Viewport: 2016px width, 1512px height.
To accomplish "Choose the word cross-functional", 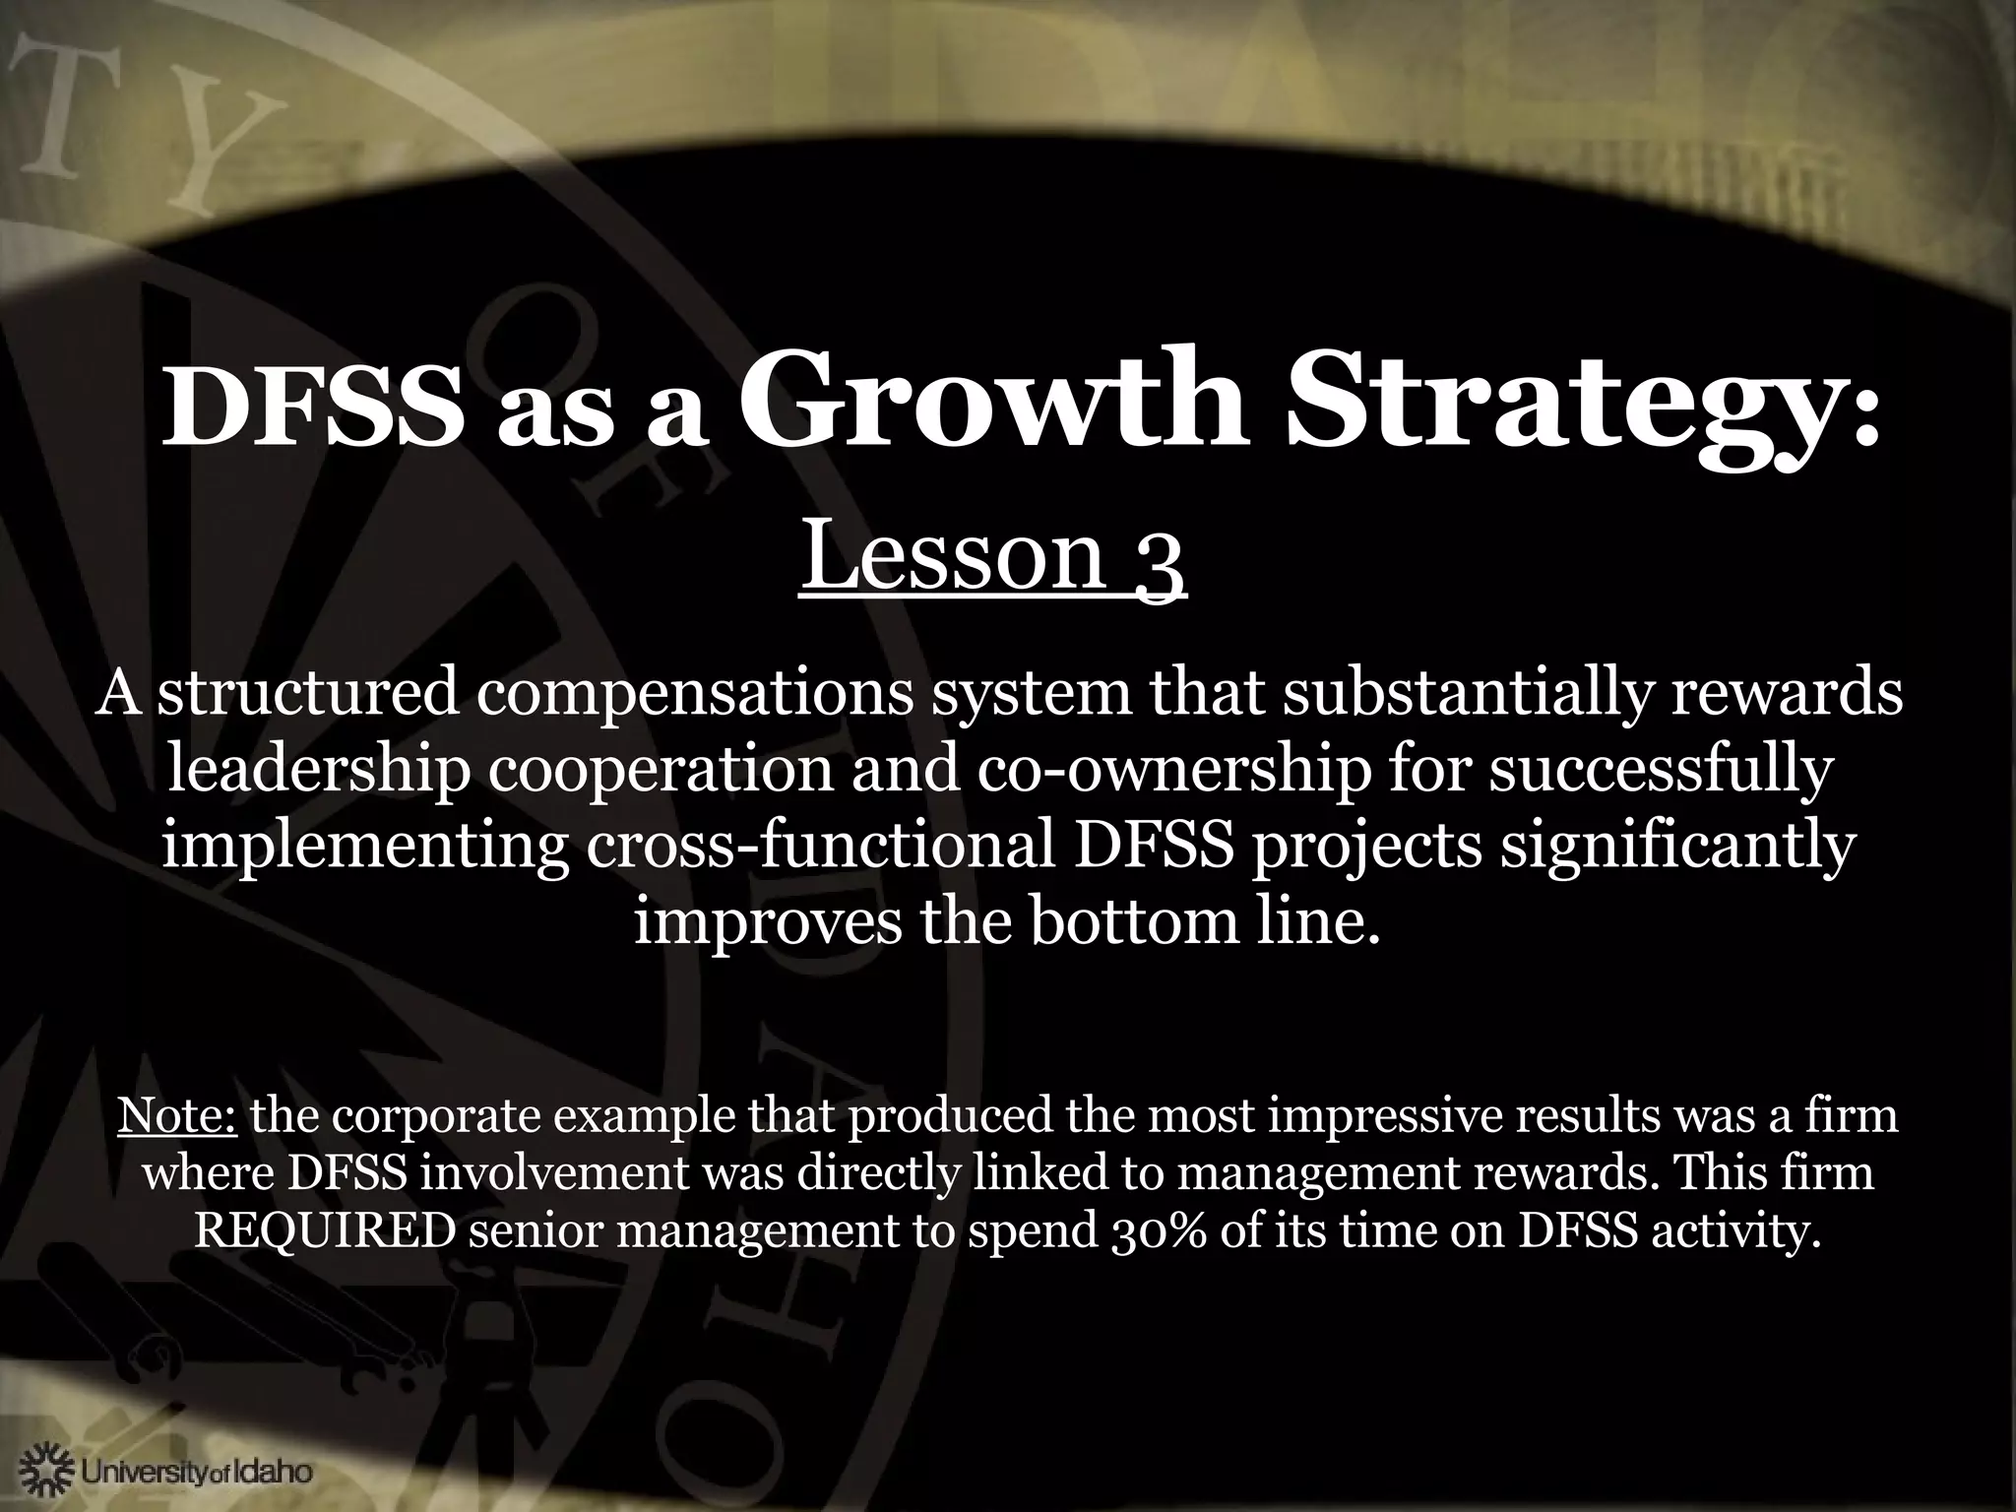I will (822, 847).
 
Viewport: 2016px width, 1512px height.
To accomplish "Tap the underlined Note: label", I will (177, 1116).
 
